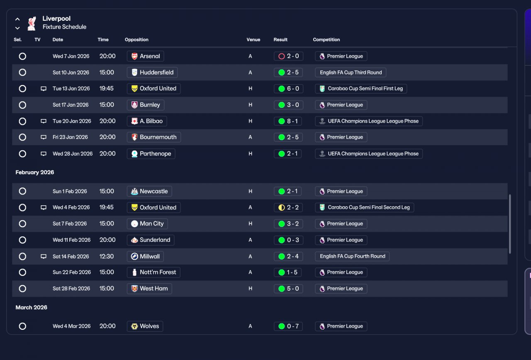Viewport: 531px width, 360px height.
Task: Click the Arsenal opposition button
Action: tap(145, 56)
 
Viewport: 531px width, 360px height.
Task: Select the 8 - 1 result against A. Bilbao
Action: tap(288, 121)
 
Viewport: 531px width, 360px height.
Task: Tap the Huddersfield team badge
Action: tap(134, 72)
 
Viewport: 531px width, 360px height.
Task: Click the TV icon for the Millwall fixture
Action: tap(44, 256)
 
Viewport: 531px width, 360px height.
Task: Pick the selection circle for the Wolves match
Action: tap(22, 326)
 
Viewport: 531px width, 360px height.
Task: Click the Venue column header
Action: tap(253, 39)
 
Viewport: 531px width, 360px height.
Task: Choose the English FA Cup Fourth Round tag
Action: tap(352, 256)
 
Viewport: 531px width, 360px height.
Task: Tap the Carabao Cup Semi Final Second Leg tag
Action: tap(364, 207)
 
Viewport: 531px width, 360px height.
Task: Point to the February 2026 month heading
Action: tap(35, 172)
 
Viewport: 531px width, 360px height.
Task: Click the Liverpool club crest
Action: tap(32, 23)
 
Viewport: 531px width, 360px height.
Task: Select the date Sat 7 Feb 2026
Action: tap(70, 224)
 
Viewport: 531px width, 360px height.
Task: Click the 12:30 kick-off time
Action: tap(107, 256)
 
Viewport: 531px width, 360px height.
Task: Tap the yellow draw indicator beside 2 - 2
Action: tap(281, 208)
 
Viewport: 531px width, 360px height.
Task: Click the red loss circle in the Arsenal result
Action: tap(281, 56)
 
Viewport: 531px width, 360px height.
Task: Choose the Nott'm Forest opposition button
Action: tap(153, 272)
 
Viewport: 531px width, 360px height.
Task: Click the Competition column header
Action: tap(326, 39)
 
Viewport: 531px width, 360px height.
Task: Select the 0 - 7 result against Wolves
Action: tap(288, 326)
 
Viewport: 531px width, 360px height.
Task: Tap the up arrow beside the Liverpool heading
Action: tap(17, 19)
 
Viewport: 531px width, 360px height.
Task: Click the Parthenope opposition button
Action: tap(151, 153)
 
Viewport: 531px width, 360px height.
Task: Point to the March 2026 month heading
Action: tap(31, 307)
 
